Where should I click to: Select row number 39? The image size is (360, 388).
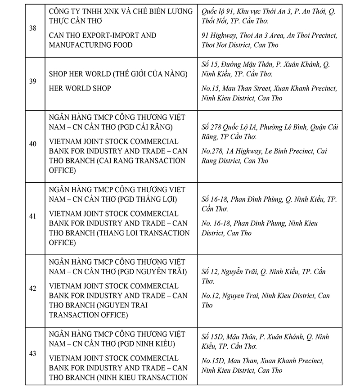32,81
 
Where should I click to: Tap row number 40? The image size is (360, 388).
32,144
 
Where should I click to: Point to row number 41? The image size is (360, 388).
32,216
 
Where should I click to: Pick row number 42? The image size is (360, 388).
32,289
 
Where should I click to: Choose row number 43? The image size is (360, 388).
32,353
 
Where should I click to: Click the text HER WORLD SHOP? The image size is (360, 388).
80,89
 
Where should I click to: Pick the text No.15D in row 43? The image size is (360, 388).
212,361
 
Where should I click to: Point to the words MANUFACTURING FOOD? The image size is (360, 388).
90,45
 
